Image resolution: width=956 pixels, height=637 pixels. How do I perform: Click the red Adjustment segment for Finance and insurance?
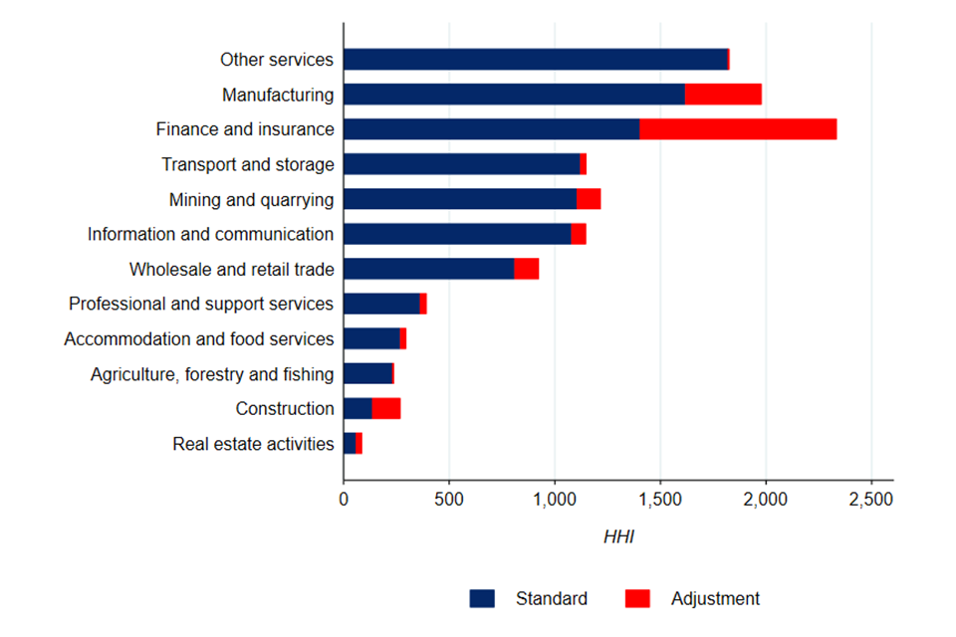[737, 129]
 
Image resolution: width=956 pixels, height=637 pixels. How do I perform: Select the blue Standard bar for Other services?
[536, 60]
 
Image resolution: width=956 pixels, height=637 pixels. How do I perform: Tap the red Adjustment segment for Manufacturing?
[723, 95]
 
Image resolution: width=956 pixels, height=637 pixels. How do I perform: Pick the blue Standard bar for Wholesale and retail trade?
[428, 269]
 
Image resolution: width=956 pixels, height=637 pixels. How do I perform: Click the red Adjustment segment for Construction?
[386, 408]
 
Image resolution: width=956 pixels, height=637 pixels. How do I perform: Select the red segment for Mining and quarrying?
[589, 199]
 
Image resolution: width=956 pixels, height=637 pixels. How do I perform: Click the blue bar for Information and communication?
[457, 234]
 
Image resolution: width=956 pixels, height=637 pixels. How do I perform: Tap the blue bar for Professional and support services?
[381, 304]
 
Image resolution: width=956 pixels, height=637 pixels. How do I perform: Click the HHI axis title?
[618, 538]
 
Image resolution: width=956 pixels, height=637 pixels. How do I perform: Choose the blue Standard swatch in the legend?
[482, 598]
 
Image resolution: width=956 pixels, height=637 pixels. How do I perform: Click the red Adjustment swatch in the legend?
[637, 598]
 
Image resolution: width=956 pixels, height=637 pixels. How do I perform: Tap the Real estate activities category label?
[253, 444]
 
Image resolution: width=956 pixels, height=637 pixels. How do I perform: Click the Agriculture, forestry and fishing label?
[212, 374]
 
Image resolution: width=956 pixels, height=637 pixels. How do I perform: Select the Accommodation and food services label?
[199, 339]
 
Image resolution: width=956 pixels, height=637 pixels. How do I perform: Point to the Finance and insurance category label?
[245, 129]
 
